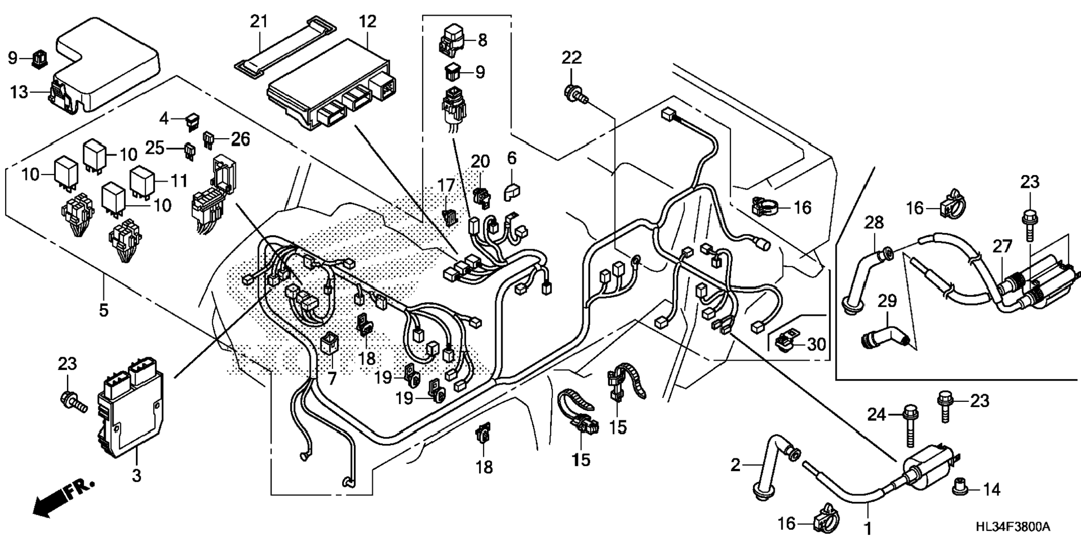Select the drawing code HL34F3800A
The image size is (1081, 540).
coord(1013,527)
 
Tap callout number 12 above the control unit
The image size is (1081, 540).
coord(368,22)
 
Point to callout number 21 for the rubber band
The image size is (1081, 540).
coord(258,22)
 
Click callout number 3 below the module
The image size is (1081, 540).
coord(136,475)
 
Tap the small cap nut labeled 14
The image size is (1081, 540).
coord(959,490)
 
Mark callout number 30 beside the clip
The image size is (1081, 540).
coord(817,344)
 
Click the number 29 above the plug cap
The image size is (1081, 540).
coord(887,301)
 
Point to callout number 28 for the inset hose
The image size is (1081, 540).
coord(874,222)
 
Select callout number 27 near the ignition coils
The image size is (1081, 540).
coord(1002,245)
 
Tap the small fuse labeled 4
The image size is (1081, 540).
coord(193,120)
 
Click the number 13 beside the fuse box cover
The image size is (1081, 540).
coord(19,92)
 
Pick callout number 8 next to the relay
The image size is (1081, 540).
coord(482,40)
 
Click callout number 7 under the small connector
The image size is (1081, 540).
coord(332,379)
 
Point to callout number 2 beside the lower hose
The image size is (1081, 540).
coord(736,465)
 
